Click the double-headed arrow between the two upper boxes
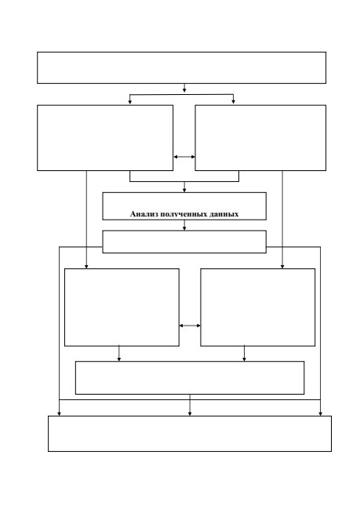(184, 157)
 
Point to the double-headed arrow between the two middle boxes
(190, 326)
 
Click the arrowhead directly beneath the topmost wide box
(184, 90)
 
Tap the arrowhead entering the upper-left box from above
(129, 102)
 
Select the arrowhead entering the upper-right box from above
(233, 102)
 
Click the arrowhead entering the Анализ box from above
(184, 190)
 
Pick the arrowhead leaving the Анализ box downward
(184, 228)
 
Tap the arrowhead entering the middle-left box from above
(86, 267)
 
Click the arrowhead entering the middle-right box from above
(282, 267)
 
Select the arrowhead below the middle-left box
(119, 359)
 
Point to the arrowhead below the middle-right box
(244, 359)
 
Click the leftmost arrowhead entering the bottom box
(59, 413)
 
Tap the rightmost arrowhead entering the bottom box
(320, 413)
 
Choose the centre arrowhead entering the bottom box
(190, 413)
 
